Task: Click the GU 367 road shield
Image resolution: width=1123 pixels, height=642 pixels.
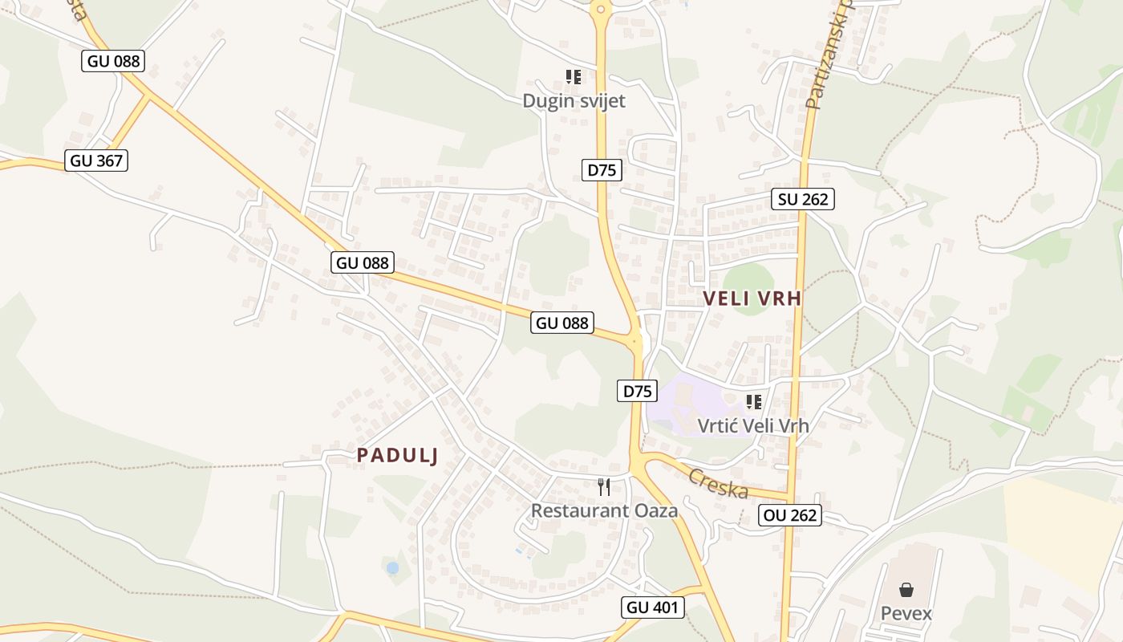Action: [x=96, y=160]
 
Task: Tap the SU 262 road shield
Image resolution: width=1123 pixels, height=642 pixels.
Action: [x=803, y=199]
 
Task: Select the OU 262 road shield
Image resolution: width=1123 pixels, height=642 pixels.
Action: [x=790, y=515]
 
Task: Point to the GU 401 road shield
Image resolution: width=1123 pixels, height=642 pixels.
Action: [x=653, y=607]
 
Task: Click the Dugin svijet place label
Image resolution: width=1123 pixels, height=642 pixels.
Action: [x=574, y=101]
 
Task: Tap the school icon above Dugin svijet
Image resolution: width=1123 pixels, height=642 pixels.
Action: [x=574, y=77]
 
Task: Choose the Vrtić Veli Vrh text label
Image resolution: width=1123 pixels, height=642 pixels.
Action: [x=753, y=425]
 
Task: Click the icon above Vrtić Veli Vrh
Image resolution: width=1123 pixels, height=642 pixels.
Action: [x=753, y=401]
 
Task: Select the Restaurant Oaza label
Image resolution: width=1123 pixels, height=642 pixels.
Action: [x=604, y=510]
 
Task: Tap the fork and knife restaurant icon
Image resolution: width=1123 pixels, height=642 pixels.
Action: [x=604, y=486]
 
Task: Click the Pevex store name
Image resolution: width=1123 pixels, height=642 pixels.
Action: [x=906, y=614]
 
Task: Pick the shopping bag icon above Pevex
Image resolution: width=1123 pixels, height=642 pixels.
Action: [x=906, y=591]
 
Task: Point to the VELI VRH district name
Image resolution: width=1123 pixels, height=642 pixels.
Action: [x=752, y=299]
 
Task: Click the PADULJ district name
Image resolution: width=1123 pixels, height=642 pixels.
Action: [x=398, y=455]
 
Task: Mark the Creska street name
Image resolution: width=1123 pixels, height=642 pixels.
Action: [x=718, y=482]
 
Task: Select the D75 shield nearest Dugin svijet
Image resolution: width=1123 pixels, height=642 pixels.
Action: [x=602, y=169]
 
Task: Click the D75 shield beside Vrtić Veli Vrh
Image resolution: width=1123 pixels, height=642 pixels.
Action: [x=637, y=391]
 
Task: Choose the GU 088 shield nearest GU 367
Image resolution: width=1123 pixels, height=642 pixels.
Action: [x=112, y=60]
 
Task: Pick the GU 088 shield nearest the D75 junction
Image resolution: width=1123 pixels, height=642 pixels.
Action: [x=562, y=323]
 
